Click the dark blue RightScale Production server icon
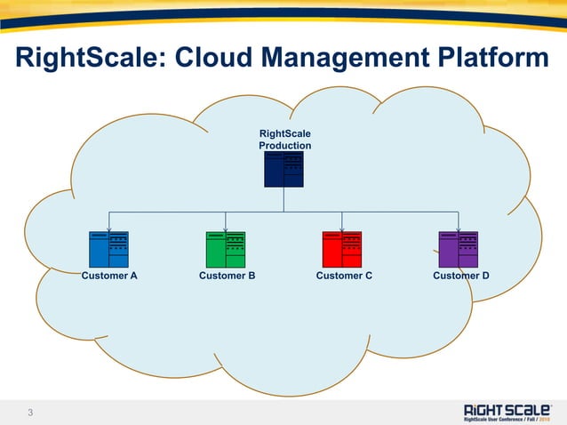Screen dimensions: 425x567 click(283, 169)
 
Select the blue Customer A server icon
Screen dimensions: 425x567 click(108, 250)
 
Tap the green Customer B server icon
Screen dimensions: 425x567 click(226, 250)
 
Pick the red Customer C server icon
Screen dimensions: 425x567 click(342, 250)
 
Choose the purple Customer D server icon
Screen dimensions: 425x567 click(459, 250)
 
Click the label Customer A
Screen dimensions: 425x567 click(109, 277)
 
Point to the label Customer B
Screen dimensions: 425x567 click(227, 277)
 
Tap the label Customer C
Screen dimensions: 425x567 click(344, 277)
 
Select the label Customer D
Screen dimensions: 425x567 click(460, 277)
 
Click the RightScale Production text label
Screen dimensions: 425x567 click(284, 140)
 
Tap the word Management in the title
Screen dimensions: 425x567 click(357, 59)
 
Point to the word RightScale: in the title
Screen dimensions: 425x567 click(87, 59)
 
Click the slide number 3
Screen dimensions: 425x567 click(30, 412)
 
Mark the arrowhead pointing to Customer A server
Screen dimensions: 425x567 click(108, 229)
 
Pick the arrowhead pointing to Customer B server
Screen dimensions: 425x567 click(226, 229)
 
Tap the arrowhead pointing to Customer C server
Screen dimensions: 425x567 click(342, 229)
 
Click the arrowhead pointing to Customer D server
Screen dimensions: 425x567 click(459, 229)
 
